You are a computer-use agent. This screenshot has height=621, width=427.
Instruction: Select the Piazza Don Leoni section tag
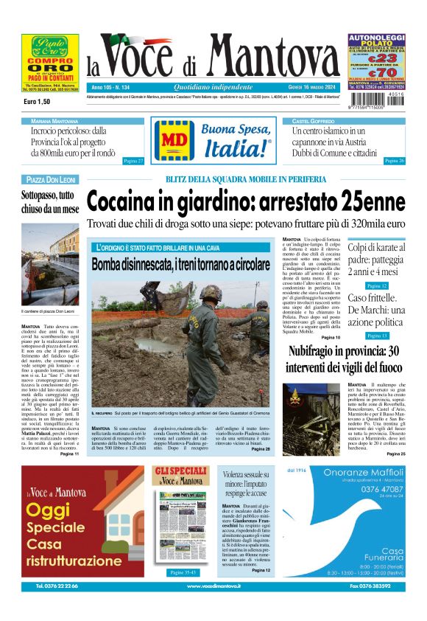[51, 179]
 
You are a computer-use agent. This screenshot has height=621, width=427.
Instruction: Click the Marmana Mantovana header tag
[55, 120]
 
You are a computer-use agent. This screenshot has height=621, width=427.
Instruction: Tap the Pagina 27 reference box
[133, 160]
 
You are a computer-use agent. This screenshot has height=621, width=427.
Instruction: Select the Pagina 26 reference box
[394, 160]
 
